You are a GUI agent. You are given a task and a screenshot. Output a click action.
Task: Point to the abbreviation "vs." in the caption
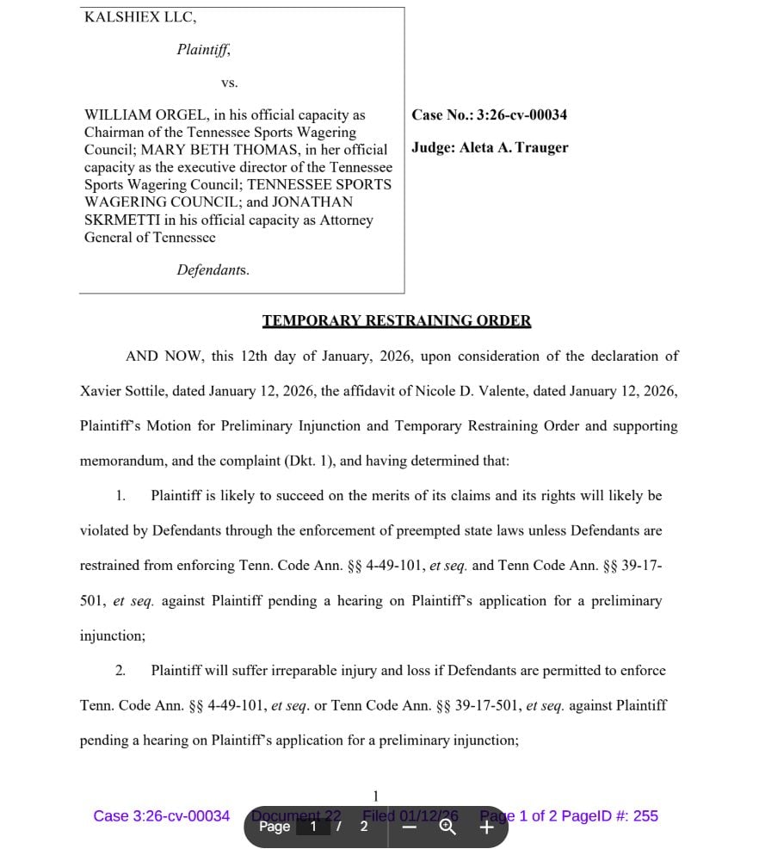tap(229, 83)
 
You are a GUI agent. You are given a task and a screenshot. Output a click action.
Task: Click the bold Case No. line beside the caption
tap(489, 115)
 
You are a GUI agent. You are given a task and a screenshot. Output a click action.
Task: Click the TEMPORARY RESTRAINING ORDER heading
tap(397, 321)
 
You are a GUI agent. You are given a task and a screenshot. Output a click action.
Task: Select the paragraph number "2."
tap(120, 670)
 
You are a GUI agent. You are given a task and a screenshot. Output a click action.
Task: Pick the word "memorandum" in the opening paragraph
tap(121, 461)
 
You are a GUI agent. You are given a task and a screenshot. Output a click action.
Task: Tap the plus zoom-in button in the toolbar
tap(486, 827)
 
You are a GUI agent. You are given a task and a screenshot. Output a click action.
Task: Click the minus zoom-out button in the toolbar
tap(410, 827)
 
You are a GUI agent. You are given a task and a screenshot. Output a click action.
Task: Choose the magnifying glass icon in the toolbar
tap(447, 827)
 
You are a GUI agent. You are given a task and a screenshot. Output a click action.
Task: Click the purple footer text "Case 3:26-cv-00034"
tap(162, 815)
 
